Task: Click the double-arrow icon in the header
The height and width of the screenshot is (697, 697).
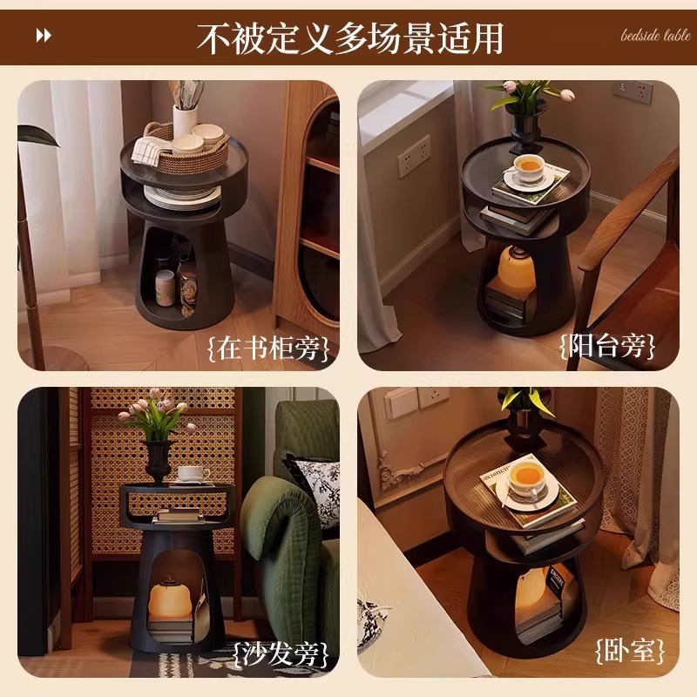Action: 44,36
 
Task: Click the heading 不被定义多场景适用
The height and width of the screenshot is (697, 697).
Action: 349,37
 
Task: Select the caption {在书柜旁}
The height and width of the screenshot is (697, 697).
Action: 269,348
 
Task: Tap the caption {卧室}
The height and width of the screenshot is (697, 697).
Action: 631,650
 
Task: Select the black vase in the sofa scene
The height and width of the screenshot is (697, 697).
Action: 158,460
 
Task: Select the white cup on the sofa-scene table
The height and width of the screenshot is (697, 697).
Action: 193,474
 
